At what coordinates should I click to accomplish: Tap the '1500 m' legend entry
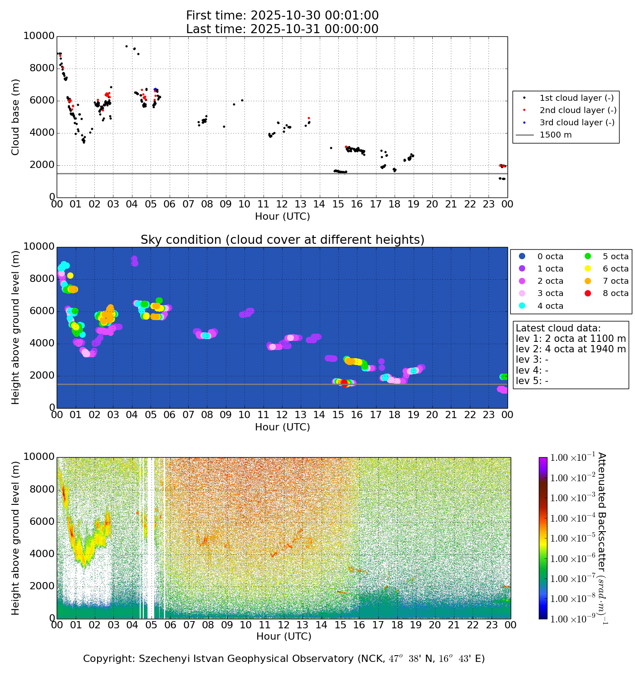(x=556, y=135)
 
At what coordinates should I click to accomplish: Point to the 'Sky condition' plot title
(x=282, y=240)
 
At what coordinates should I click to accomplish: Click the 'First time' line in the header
(x=282, y=16)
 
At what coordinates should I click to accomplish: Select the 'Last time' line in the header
(x=282, y=29)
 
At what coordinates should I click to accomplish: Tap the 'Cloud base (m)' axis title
(x=16, y=117)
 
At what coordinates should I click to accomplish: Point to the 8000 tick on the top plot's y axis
(x=42, y=69)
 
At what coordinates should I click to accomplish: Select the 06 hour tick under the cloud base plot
(x=169, y=204)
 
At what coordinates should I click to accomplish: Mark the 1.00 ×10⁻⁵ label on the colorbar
(x=572, y=538)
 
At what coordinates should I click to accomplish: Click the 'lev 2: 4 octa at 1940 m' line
(x=571, y=349)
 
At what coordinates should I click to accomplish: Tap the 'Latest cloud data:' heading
(x=558, y=328)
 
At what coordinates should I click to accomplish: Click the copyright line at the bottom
(x=283, y=659)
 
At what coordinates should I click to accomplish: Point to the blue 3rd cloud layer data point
(x=155, y=89)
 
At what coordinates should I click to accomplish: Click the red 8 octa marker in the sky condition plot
(x=344, y=383)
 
